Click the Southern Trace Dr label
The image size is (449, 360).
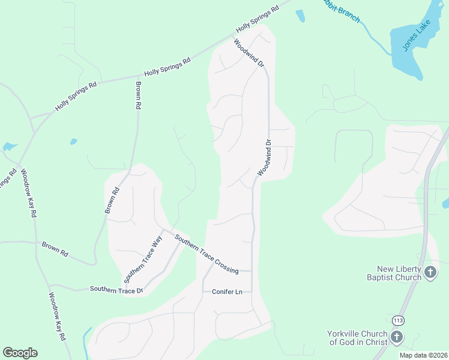(x=116, y=289)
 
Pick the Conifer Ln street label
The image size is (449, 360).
(x=227, y=292)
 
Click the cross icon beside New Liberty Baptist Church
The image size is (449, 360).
(x=430, y=273)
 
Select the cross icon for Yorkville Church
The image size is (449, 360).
(x=397, y=337)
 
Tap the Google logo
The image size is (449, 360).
(x=20, y=352)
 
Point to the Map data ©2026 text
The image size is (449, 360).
(x=423, y=355)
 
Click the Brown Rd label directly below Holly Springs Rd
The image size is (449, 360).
(x=138, y=95)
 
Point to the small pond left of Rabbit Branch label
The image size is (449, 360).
(x=300, y=16)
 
